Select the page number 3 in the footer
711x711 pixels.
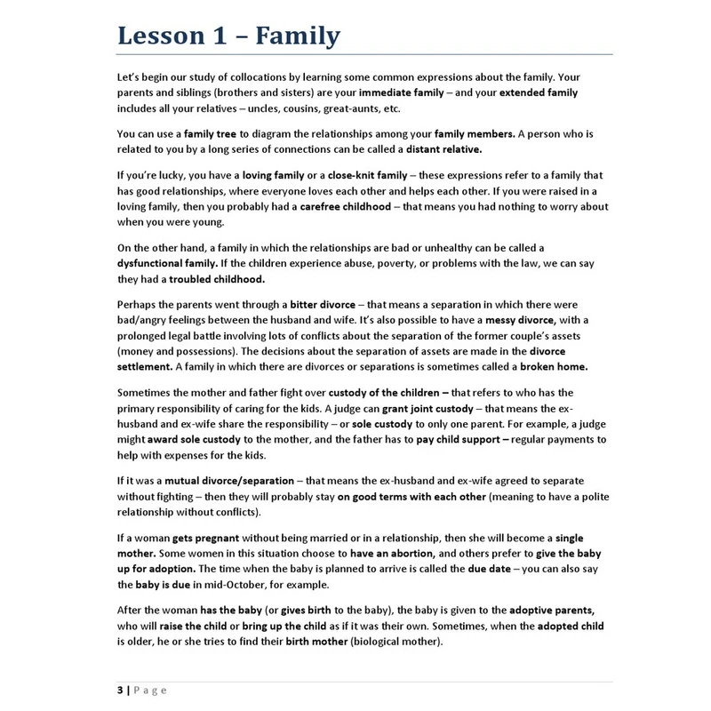(119, 691)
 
